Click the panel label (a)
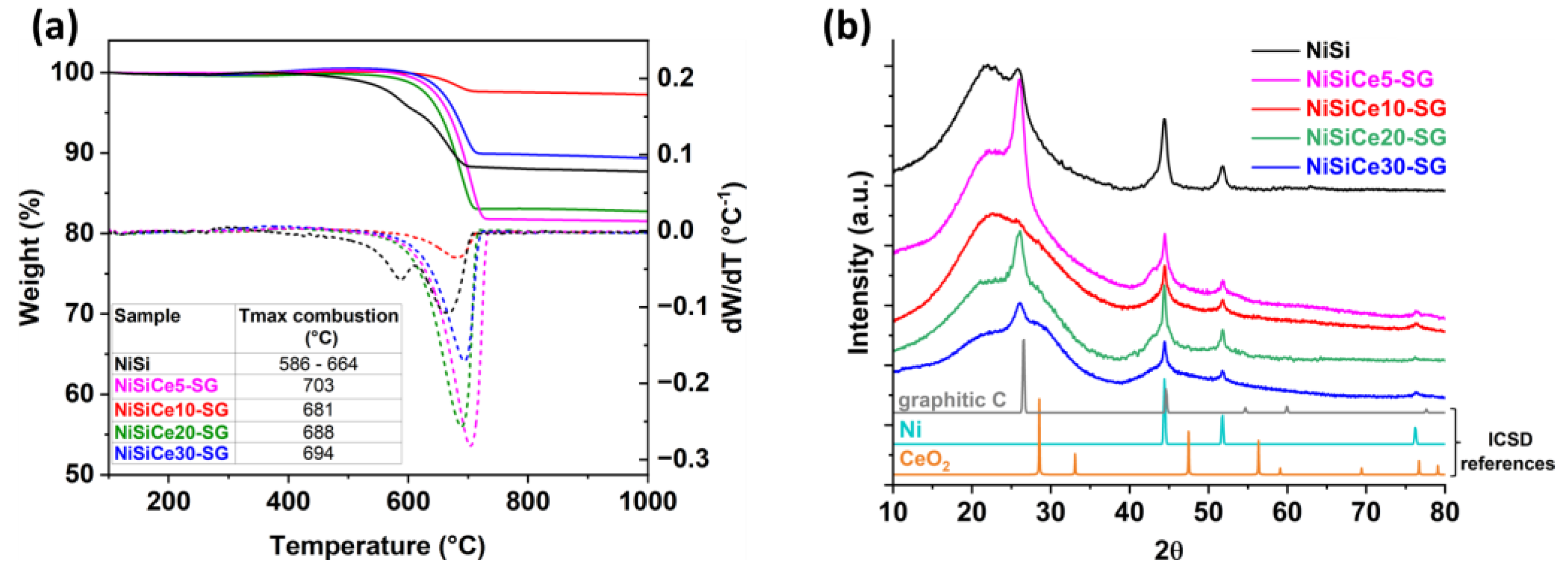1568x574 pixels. [x=55, y=28]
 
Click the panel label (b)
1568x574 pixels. [x=847, y=28]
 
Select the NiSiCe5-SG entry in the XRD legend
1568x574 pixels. [x=1369, y=79]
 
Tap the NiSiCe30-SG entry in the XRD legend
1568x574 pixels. [x=1375, y=166]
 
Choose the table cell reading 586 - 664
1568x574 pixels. [x=318, y=364]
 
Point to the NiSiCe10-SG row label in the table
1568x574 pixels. [x=171, y=409]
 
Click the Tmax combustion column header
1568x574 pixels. [x=318, y=326]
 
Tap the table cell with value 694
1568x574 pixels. [x=318, y=454]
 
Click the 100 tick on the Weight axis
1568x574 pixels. [x=72, y=73]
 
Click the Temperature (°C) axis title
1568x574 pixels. [x=378, y=545]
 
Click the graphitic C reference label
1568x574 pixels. [x=952, y=400]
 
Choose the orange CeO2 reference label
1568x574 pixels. [x=925, y=460]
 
